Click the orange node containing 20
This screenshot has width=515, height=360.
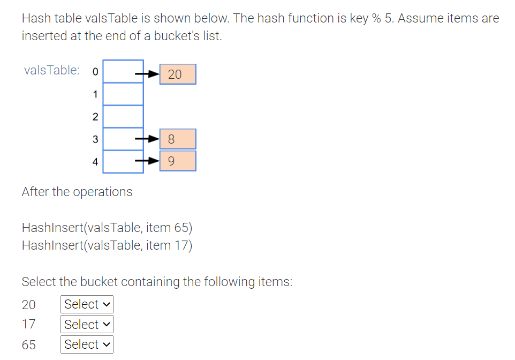click(178, 74)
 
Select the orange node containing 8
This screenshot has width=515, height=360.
click(178, 139)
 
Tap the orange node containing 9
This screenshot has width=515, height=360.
click(178, 161)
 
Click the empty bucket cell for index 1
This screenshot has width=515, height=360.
click(123, 94)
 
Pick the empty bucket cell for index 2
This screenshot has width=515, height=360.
click(123, 117)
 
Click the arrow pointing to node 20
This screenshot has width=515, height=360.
click(147, 74)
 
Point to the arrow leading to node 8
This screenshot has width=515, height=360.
click(147, 139)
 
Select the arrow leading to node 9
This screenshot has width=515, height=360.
click(147, 160)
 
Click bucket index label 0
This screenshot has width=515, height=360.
click(95, 72)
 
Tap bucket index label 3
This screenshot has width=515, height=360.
click(95, 139)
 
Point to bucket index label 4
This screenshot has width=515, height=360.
click(95, 161)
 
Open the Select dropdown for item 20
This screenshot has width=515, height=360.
click(87, 304)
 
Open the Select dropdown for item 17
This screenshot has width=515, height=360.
click(87, 324)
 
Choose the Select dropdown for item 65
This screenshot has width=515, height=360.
click(87, 344)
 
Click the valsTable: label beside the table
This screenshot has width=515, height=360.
click(52, 70)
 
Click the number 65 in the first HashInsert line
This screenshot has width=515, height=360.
click(181, 228)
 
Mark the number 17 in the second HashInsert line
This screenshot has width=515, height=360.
click(181, 245)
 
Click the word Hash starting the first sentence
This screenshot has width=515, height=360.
click(35, 18)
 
